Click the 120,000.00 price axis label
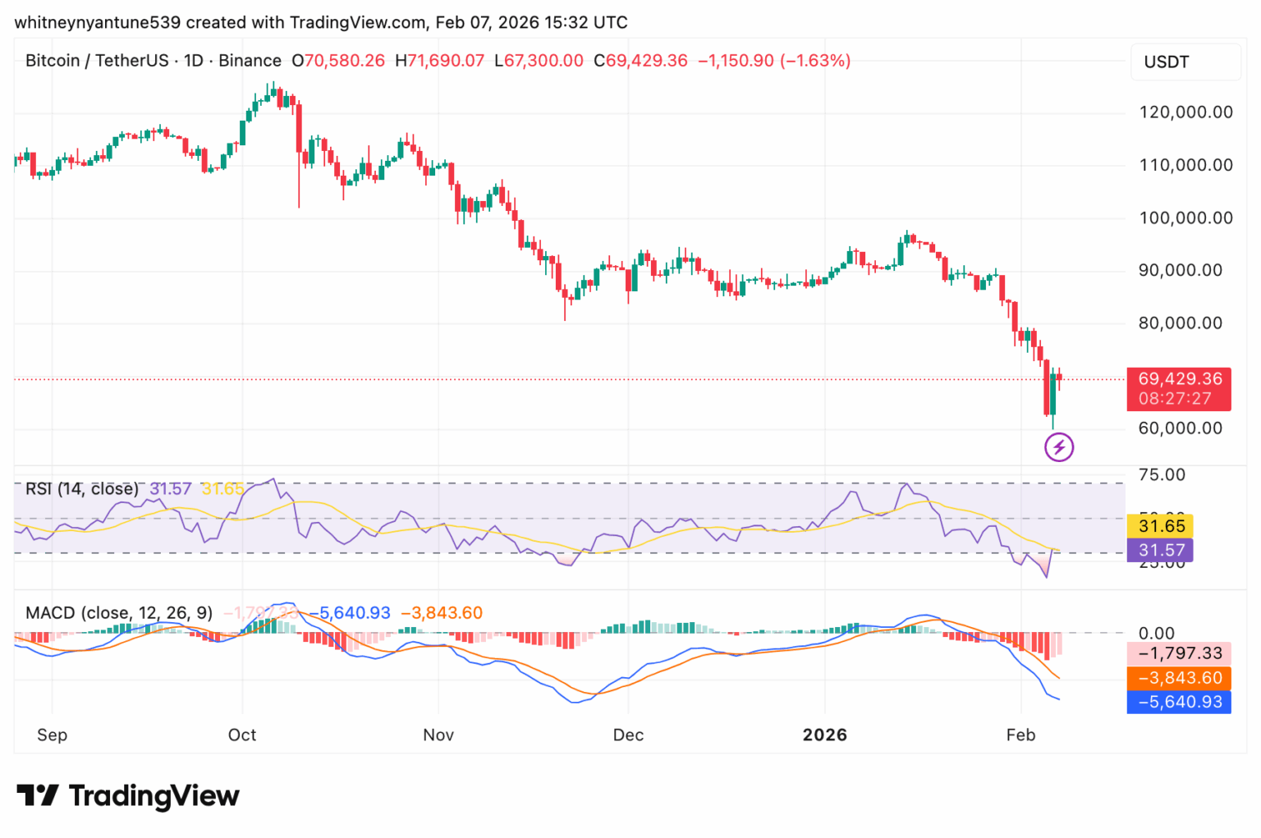pos(1185,112)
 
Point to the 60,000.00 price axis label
pos(1180,428)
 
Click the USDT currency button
pos(1185,62)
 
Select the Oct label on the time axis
pos(242,735)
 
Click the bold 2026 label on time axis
pos(824,735)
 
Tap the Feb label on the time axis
pos(1020,735)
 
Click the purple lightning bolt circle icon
pos(1058,447)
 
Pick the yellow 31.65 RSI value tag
pos(1161,526)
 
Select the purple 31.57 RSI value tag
pos(1161,550)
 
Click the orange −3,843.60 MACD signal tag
pos(1179,678)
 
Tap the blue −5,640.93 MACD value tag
pos(1179,702)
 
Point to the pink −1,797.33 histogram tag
pos(1179,653)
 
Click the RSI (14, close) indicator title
pos(82,489)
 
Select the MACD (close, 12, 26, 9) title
pos(119,613)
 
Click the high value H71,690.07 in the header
pos(440,61)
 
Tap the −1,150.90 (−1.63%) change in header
pos(774,61)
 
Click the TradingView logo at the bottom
pos(128,795)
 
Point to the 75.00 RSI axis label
pos(1162,475)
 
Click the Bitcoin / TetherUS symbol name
pos(97,61)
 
